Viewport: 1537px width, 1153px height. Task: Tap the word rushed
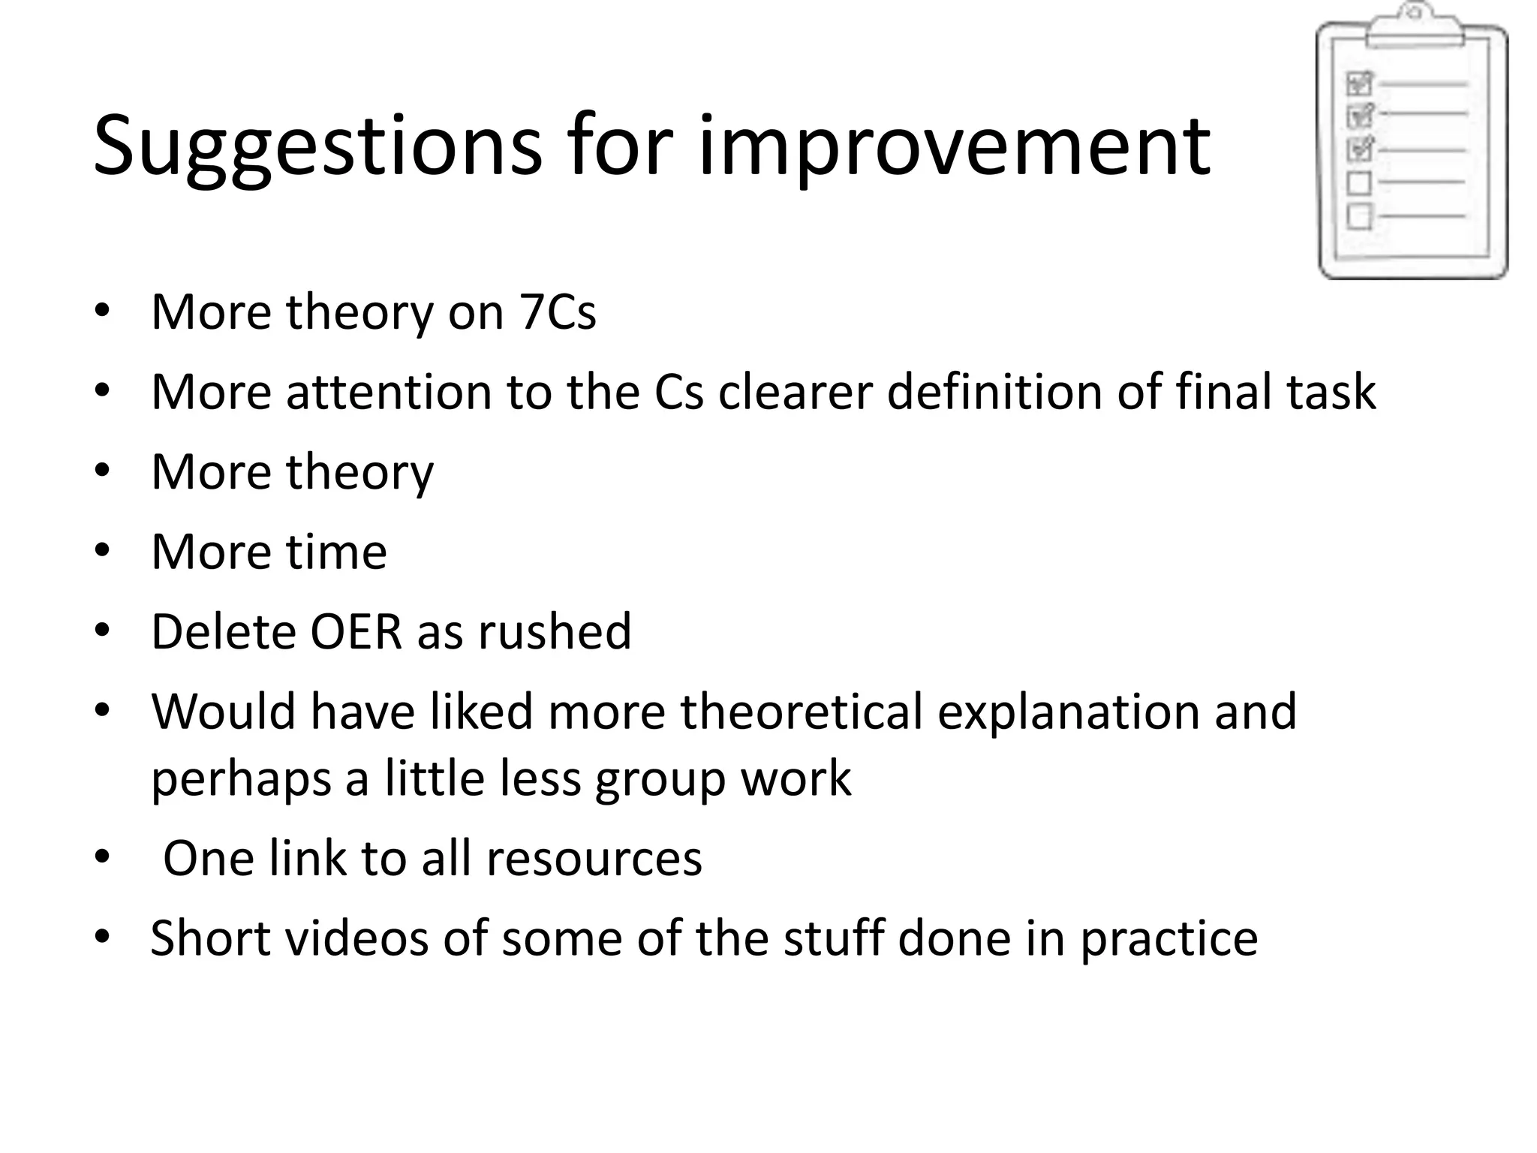(x=555, y=631)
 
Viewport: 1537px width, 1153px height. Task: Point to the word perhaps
(x=241, y=779)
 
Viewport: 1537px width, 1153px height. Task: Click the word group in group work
(x=660, y=779)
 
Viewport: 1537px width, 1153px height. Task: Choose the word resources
(x=594, y=858)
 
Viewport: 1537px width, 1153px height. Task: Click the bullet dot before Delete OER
(x=103, y=631)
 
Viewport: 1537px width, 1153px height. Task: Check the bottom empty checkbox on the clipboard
(x=1359, y=216)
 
